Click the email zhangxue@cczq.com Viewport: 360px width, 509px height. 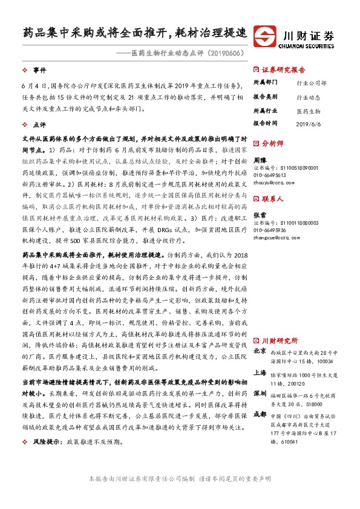coord(275,237)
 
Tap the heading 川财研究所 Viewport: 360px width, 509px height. coord(280,340)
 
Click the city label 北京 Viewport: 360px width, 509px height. coord(259,351)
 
